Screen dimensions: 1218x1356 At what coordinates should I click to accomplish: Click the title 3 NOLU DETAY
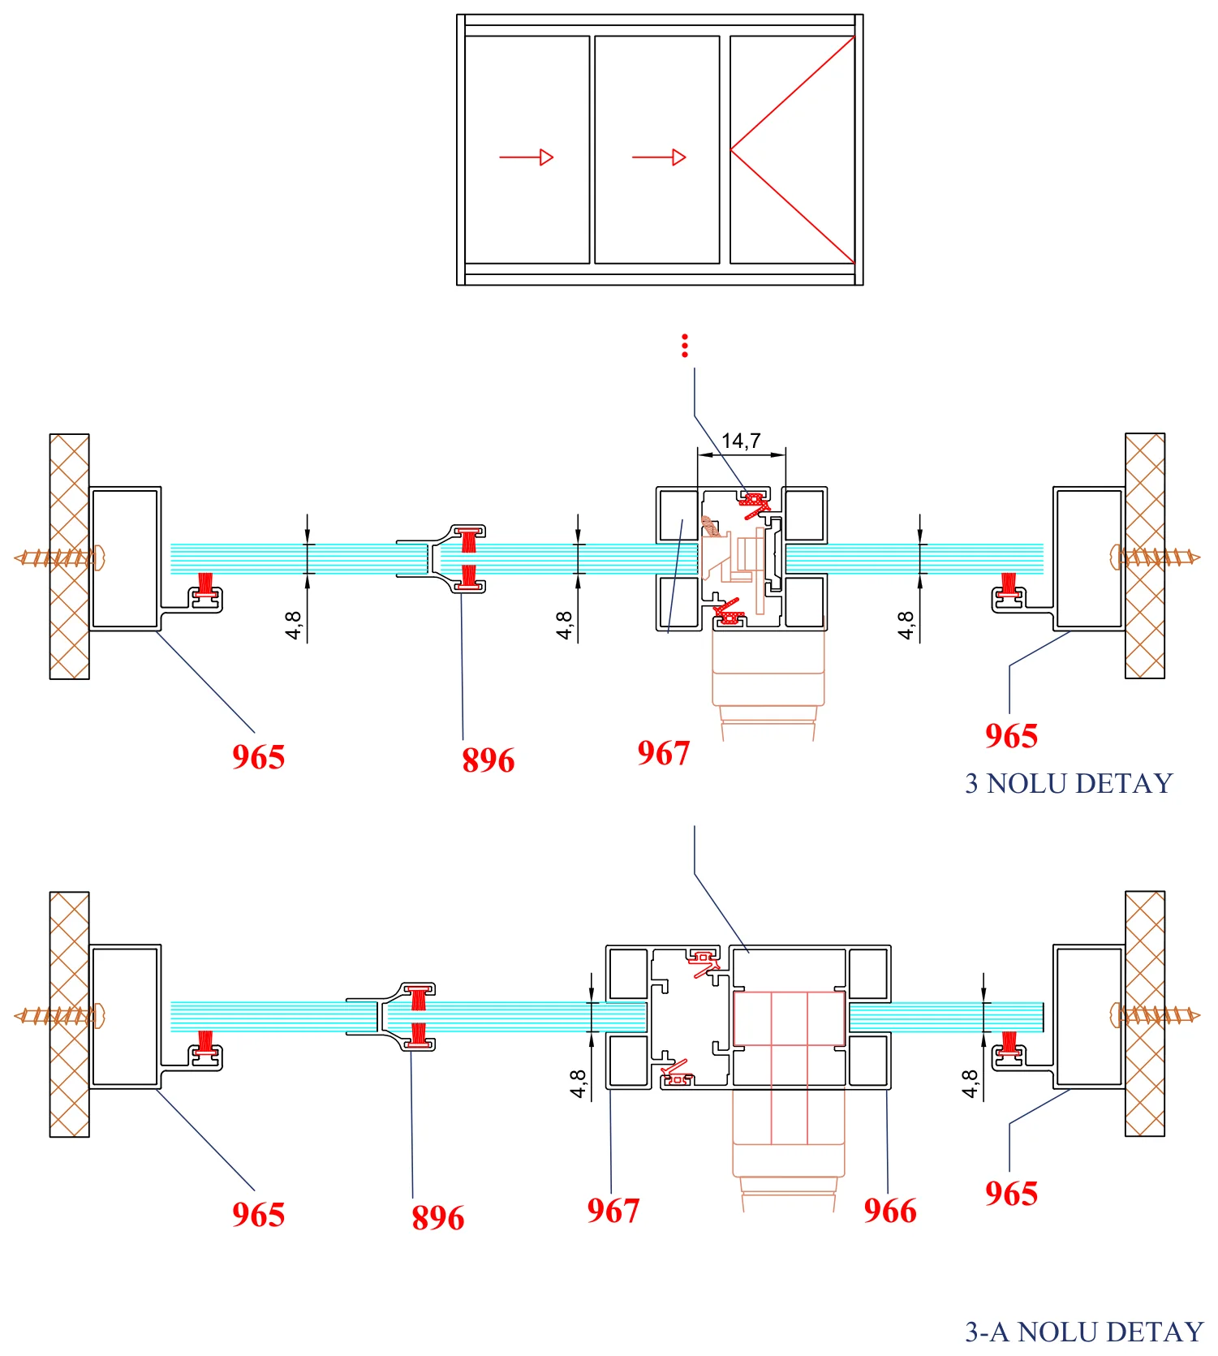pos(1069,783)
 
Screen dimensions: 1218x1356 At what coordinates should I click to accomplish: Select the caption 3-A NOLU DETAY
pos(1084,1332)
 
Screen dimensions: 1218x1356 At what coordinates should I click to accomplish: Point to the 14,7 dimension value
pos(741,441)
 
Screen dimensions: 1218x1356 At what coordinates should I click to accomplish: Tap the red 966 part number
pos(890,1211)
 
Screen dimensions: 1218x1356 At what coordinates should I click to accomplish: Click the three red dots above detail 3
pos(685,346)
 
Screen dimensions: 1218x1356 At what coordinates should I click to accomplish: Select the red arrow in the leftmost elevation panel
pos(526,157)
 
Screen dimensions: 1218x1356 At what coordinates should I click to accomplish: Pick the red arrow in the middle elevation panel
pos(659,157)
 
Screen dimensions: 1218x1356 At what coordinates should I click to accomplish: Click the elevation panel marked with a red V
pos(793,149)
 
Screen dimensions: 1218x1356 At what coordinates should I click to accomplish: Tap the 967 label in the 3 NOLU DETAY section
pos(663,753)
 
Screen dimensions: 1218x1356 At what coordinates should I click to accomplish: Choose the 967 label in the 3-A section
pos(613,1211)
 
